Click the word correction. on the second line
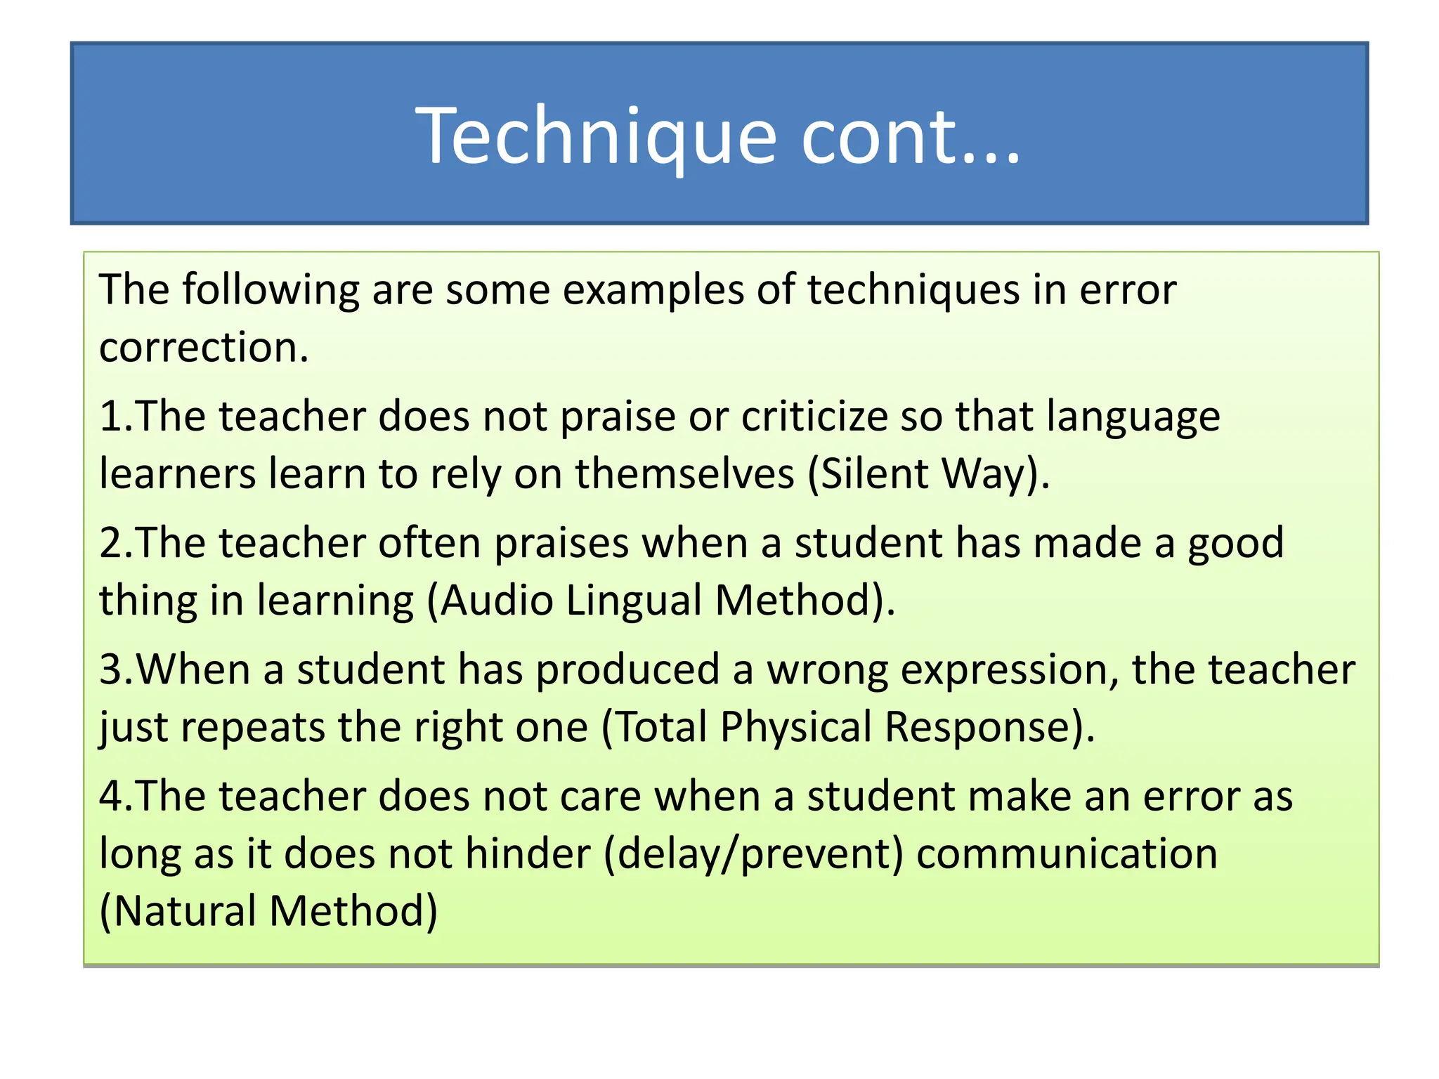point(204,348)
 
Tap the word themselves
point(685,474)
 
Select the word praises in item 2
point(561,544)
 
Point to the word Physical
point(796,727)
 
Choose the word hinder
point(528,854)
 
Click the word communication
point(1067,854)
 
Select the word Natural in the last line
point(184,911)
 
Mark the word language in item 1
point(1133,417)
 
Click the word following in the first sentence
point(271,290)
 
